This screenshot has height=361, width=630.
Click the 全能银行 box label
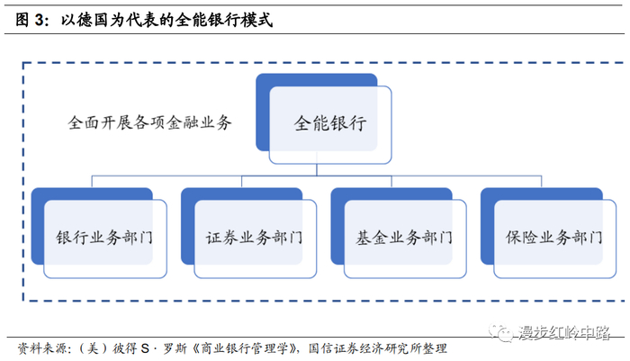tap(330, 124)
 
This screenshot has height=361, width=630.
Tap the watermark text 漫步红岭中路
tap(563, 333)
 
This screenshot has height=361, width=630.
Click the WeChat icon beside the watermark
tap(502, 332)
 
